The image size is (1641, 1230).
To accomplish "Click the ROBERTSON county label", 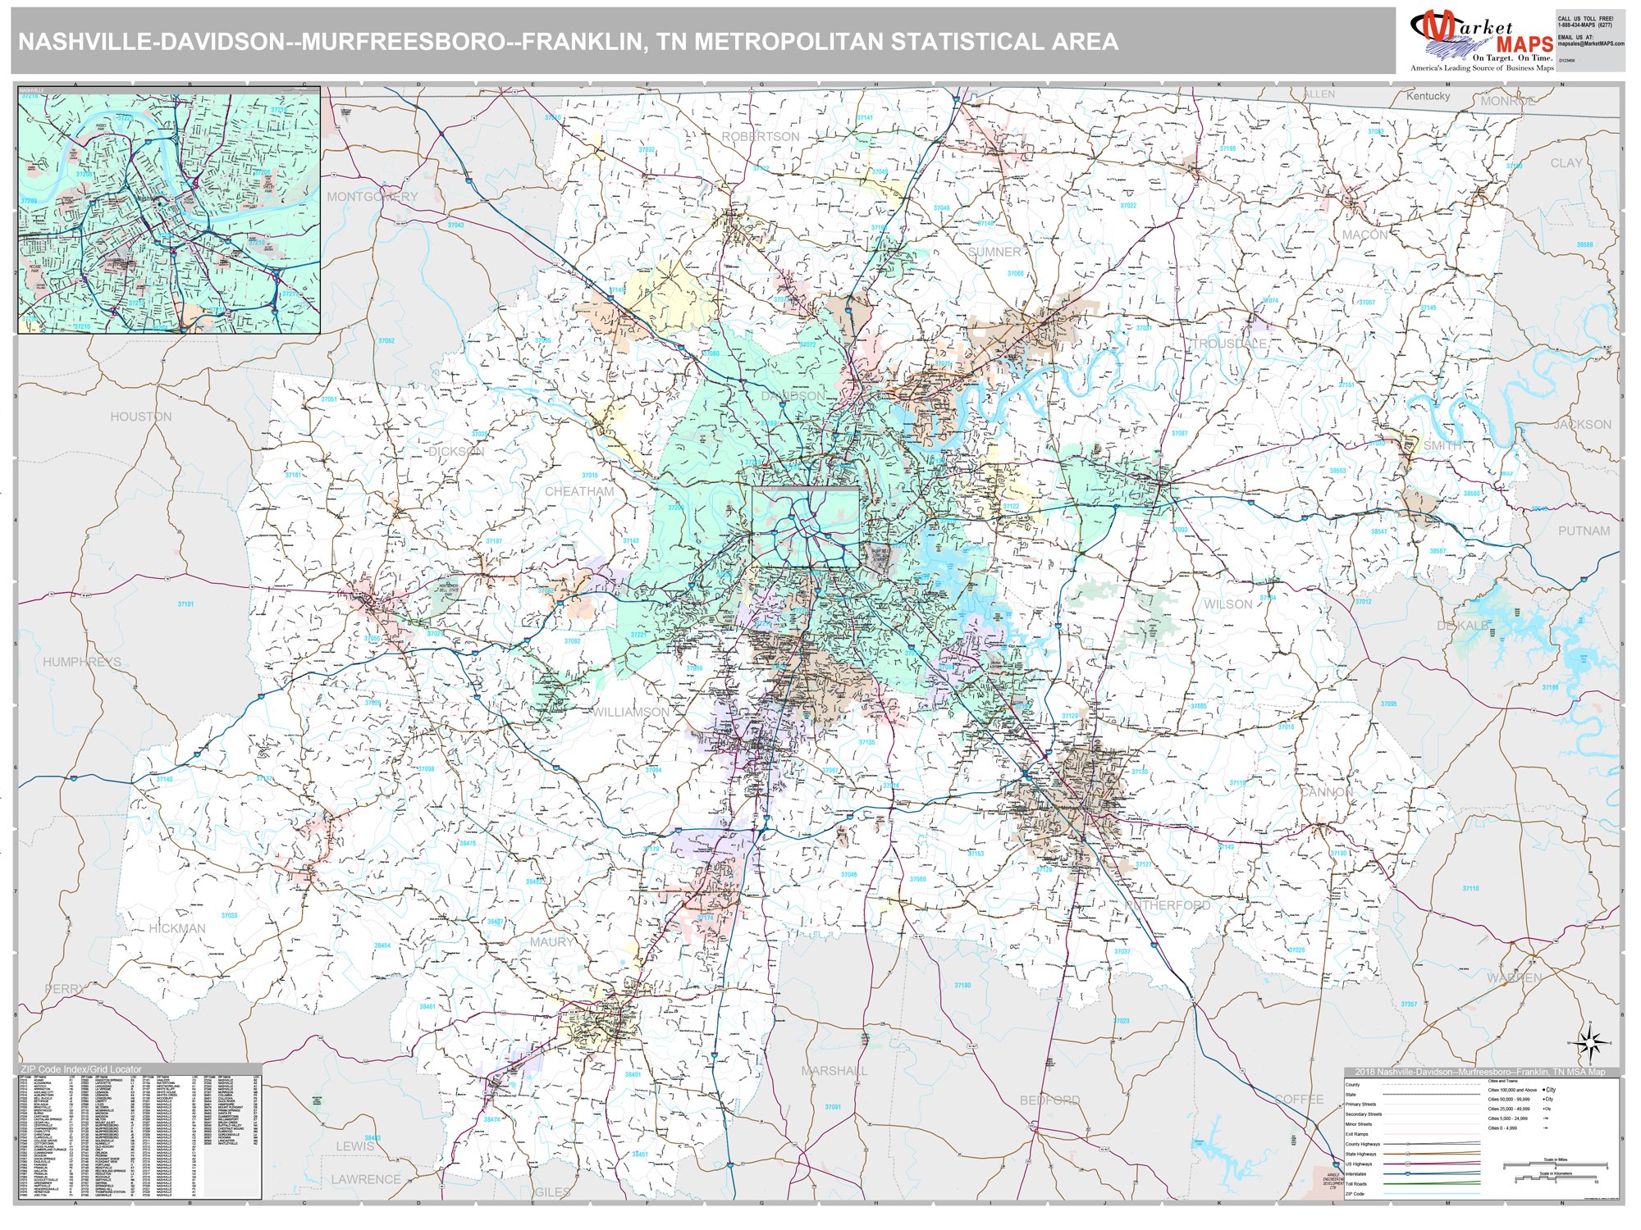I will tap(760, 136).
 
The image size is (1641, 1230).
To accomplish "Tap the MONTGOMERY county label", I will tap(372, 197).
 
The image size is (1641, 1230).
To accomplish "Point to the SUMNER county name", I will tap(994, 252).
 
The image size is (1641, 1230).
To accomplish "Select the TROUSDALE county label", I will tap(1229, 344).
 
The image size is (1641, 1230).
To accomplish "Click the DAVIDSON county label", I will tap(793, 396).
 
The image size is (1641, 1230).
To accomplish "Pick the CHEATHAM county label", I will tap(579, 491).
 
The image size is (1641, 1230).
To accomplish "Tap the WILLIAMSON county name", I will tap(631, 712).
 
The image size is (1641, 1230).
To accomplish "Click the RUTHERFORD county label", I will tap(1168, 905).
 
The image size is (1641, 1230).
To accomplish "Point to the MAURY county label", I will tap(551, 942).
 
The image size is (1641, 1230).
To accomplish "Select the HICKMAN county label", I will tap(177, 928).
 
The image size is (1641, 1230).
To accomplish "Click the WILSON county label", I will tap(1227, 604).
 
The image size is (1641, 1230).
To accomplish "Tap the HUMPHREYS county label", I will tap(81, 662).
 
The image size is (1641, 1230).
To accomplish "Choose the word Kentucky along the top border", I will tap(1428, 96).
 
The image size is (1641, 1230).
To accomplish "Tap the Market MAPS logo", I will tap(1482, 39).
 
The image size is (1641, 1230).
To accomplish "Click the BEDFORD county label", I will tap(1049, 1100).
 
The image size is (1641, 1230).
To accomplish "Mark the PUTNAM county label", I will tap(1584, 531).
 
